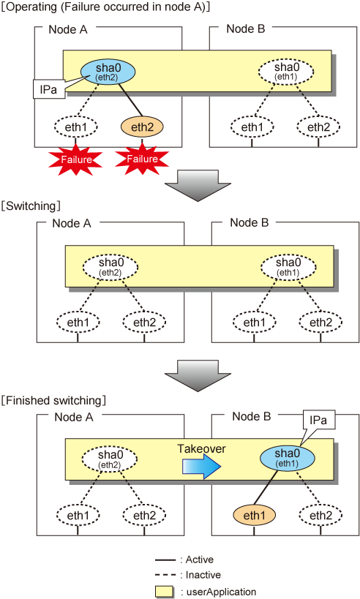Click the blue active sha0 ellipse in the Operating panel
[x=108, y=72]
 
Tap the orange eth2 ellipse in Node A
[x=142, y=127]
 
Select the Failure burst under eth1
[x=75, y=159]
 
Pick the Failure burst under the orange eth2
[x=142, y=159]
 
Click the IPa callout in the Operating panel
[x=48, y=89]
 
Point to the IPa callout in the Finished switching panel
[x=318, y=421]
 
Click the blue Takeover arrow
[x=201, y=467]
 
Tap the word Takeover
[x=201, y=448]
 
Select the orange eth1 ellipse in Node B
[x=254, y=516]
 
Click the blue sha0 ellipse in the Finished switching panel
[x=288, y=458]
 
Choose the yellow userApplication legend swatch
[x=165, y=592]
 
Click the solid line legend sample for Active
[x=165, y=560]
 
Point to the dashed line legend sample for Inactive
[x=165, y=576]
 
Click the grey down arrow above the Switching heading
[x=198, y=185]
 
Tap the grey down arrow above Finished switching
[x=198, y=375]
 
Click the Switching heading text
[x=31, y=206]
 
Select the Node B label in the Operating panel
[x=245, y=29]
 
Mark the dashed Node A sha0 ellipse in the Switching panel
[x=110, y=267]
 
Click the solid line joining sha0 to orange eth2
[x=130, y=99]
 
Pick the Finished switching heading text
[x=53, y=400]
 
